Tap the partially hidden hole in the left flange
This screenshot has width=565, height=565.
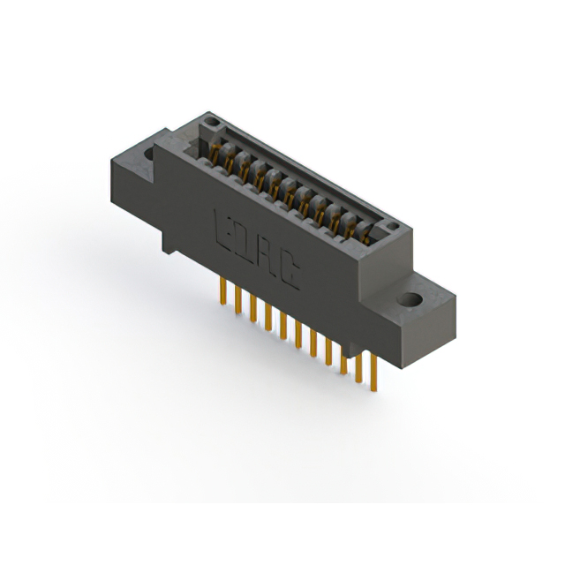coord(147,156)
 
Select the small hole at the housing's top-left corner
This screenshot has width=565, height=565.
coord(209,122)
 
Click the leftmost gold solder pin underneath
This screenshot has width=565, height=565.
coord(222,294)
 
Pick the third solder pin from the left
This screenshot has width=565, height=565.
coord(252,309)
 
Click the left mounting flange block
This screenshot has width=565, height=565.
coord(132,177)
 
